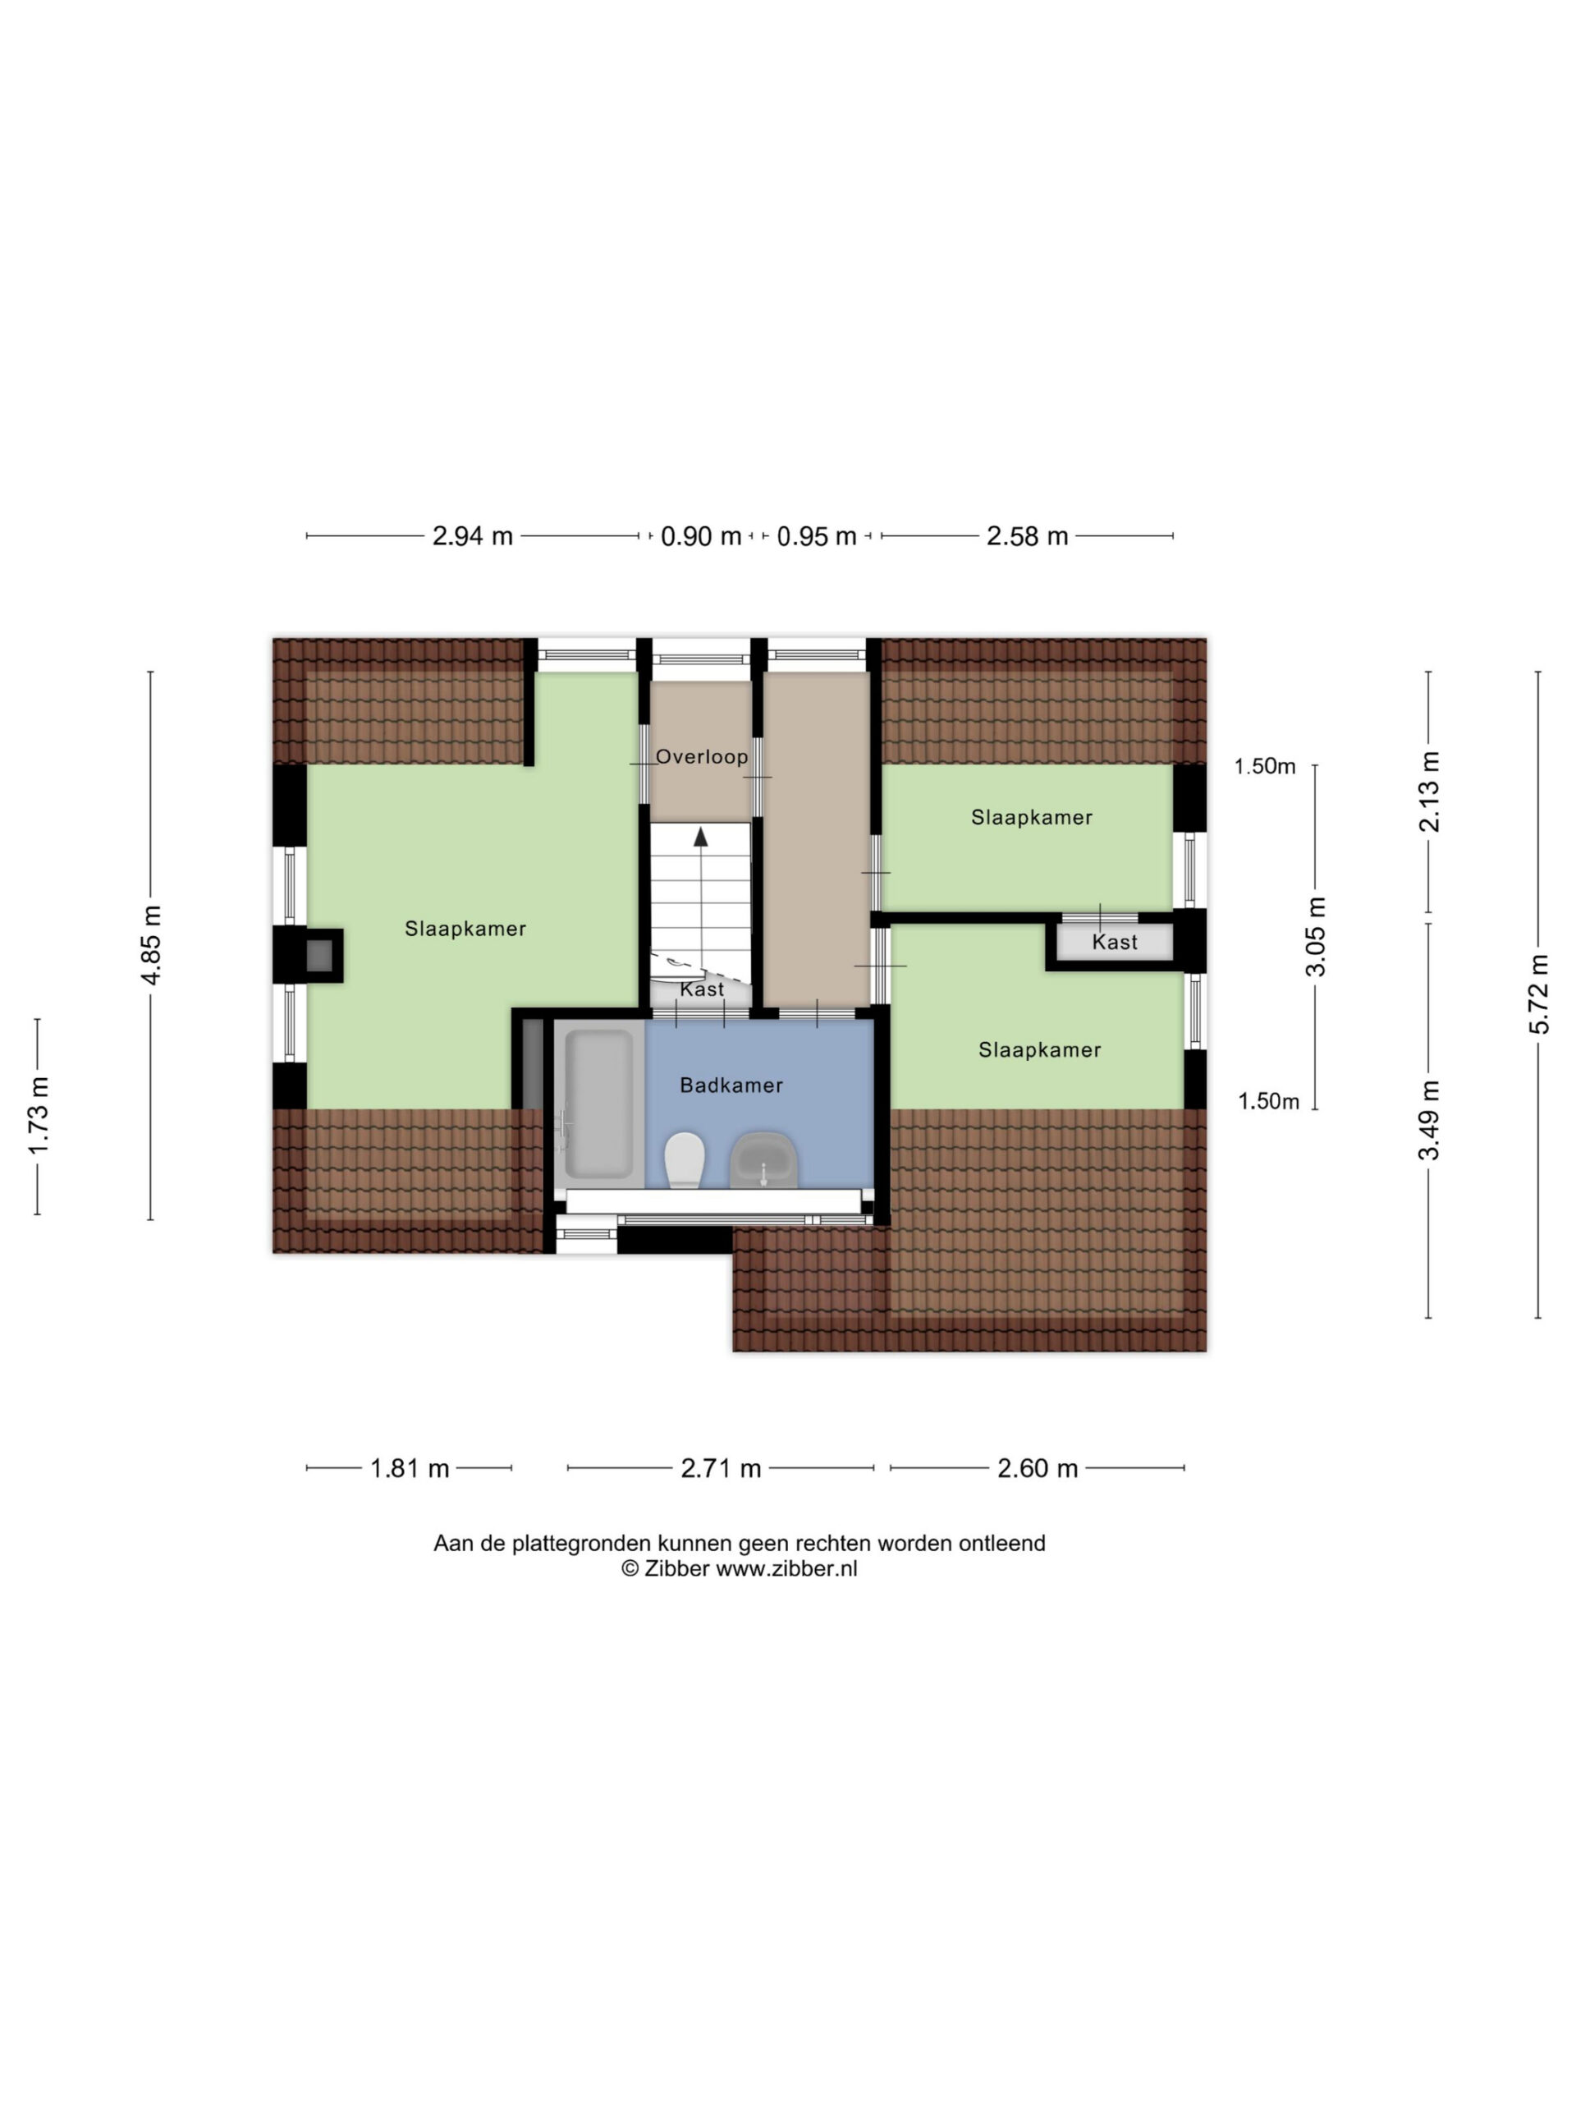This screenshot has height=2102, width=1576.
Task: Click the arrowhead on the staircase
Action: tap(701, 836)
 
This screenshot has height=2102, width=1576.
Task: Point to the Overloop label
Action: tap(702, 757)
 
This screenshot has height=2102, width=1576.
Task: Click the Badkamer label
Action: tap(731, 1085)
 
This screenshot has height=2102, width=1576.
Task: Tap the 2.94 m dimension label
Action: tap(472, 536)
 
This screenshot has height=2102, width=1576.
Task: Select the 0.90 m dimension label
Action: tap(701, 536)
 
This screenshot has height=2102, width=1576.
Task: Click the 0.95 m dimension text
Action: tap(817, 536)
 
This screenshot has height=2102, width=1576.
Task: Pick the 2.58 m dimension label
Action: tap(1027, 536)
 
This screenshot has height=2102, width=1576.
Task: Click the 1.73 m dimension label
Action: tap(39, 1117)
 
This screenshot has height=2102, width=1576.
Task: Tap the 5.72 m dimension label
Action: tap(1539, 994)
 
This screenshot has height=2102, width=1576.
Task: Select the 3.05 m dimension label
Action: tap(1316, 936)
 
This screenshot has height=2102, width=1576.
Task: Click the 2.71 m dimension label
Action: tap(721, 1468)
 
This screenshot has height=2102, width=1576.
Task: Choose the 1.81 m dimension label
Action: tap(410, 1468)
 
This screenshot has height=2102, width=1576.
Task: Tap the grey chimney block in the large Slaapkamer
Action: tap(320, 955)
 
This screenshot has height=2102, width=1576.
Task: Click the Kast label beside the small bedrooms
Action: tap(1115, 942)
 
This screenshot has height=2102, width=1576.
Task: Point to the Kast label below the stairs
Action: tap(702, 989)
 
